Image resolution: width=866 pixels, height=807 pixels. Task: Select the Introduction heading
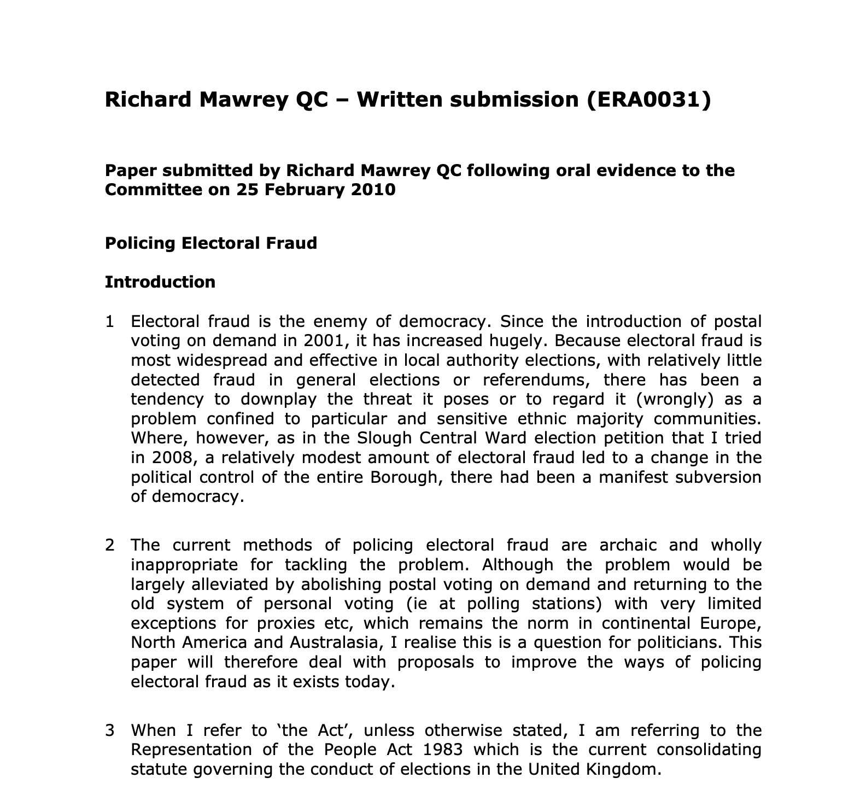click(160, 282)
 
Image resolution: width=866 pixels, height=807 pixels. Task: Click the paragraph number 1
click(110, 321)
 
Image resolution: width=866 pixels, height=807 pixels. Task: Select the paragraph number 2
click(110, 545)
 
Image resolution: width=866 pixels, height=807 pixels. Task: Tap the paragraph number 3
click(110, 730)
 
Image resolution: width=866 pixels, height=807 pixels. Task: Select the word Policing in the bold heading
click(140, 243)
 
